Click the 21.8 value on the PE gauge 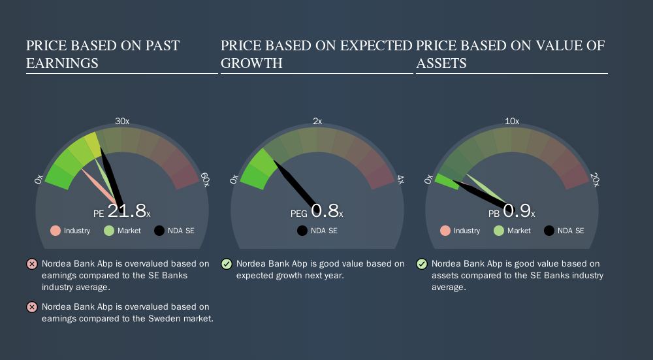click(x=127, y=211)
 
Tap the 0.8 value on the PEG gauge click(x=325, y=211)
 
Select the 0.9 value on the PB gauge click(x=517, y=211)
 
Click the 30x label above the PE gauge click(x=122, y=122)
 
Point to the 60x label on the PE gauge click(x=205, y=180)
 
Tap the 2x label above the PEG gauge click(x=317, y=122)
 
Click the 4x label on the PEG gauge click(x=400, y=180)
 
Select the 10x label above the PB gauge click(x=512, y=122)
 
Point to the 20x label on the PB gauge click(x=595, y=180)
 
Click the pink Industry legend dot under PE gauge click(x=56, y=231)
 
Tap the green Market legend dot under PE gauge click(x=108, y=231)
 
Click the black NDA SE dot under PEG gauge click(x=302, y=231)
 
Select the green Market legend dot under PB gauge click(x=498, y=231)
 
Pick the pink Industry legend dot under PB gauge click(x=445, y=231)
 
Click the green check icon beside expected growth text click(x=227, y=264)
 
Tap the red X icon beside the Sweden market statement click(x=32, y=307)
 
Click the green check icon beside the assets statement click(x=422, y=264)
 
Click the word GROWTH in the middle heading click(x=251, y=63)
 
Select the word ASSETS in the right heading click(x=441, y=63)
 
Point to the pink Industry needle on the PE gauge click(x=99, y=186)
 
